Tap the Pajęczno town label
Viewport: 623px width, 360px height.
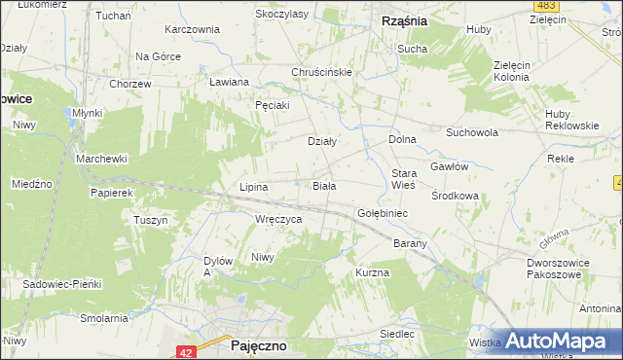pyautogui.click(x=258, y=345)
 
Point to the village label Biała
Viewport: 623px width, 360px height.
pyautogui.click(x=324, y=185)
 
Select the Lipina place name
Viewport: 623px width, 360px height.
pyautogui.click(x=254, y=186)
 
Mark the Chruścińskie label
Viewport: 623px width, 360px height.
pyautogui.click(x=321, y=72)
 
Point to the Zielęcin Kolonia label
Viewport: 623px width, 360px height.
pyautogui.click(x=518, y=71)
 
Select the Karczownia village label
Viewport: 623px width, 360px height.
pyautogui.click(x=193, y=29)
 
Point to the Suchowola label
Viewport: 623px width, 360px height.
pyautogui.click(x=472, y=132)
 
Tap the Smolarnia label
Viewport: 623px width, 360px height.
pyautogui.click(x=104, y=318)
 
